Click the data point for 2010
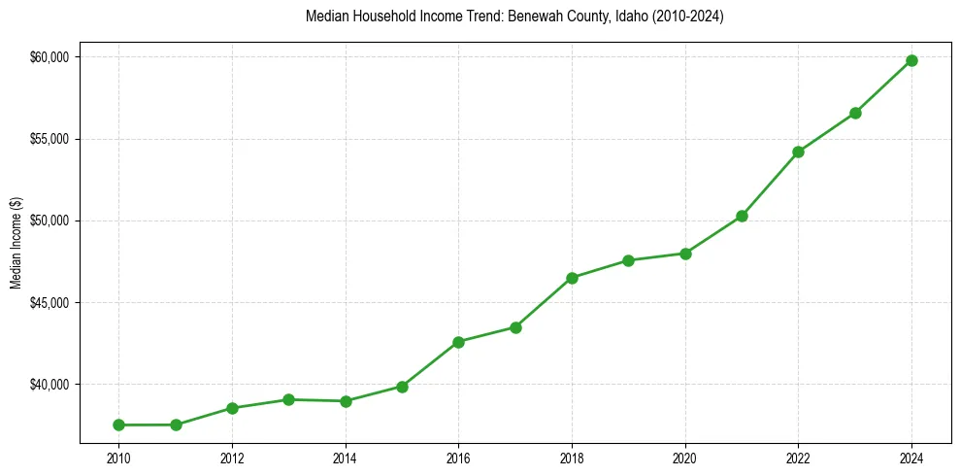(118, 425)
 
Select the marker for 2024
(911, 60)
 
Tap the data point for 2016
(458, 342)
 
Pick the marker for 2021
(742, 216)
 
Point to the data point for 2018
(572, 278)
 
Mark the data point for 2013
(288, 399)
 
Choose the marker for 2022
(798, 152)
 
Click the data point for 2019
(628, 260)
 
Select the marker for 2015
(402, 387)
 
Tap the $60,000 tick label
(50, 57)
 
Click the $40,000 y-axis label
(50, 385)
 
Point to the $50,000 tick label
(50, 221)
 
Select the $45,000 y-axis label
(50, 303)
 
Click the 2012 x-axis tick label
(232, 457)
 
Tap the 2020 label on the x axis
(685, 457)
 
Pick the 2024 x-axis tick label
(911, 457)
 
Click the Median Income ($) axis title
(17, 243)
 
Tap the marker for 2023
(855, 113)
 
